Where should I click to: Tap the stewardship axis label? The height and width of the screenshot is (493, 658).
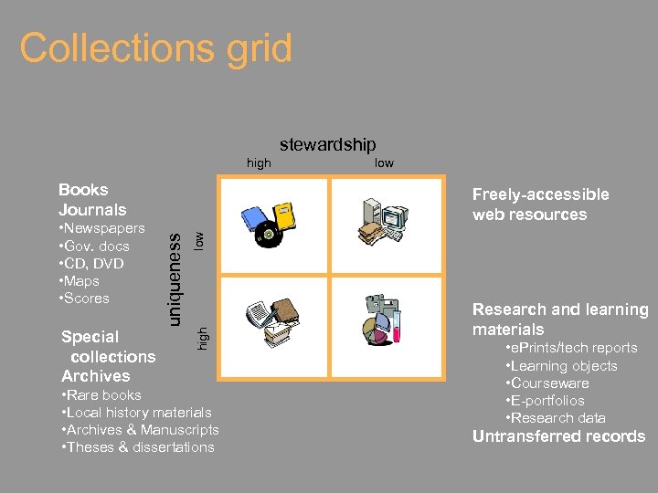click(327, 144)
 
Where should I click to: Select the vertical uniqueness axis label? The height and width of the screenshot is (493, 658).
click(176, 267)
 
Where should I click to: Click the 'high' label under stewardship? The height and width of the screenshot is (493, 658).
click(260, 163)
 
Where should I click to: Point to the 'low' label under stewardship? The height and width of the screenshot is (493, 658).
click(384, 163)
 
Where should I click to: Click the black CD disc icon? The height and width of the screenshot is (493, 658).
click(268, 236)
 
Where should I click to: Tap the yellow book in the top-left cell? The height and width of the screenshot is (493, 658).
click(286, 215)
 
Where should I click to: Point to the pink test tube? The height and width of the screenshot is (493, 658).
click(397, 325)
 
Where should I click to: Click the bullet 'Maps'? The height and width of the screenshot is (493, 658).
click(83, 281)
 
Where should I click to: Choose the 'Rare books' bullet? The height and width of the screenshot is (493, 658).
click(104, 395)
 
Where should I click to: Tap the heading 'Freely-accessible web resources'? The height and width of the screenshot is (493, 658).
click(540, 205)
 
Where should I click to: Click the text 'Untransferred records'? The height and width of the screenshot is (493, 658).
click(558, 436)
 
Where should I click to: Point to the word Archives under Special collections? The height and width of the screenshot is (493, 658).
click(96, 376)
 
